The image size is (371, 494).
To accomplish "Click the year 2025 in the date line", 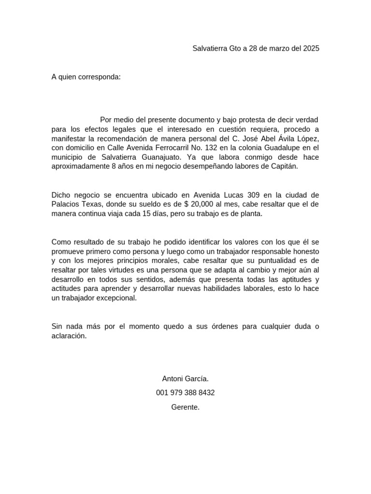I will pyautogui.click(x=311, y=48).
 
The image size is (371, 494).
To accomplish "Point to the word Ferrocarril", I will pyautogui.click(x=171, y=148).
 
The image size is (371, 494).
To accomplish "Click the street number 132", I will pyautogui.click(x=215, y=148).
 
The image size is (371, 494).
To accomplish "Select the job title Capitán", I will pyautogui.click(x=285, y=166).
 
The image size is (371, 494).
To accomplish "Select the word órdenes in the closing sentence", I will pyautogui.click(x=223, y=327).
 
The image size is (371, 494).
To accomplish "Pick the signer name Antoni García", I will pyautogui.click(x=185, y=379).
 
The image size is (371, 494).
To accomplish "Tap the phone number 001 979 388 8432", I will pyautogui.click(x=185, y=393).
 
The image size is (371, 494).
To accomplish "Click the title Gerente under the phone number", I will pyautogui.click(x=185, y=407).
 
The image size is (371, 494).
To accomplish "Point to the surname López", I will pyautogui.click(x=306, y=138).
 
